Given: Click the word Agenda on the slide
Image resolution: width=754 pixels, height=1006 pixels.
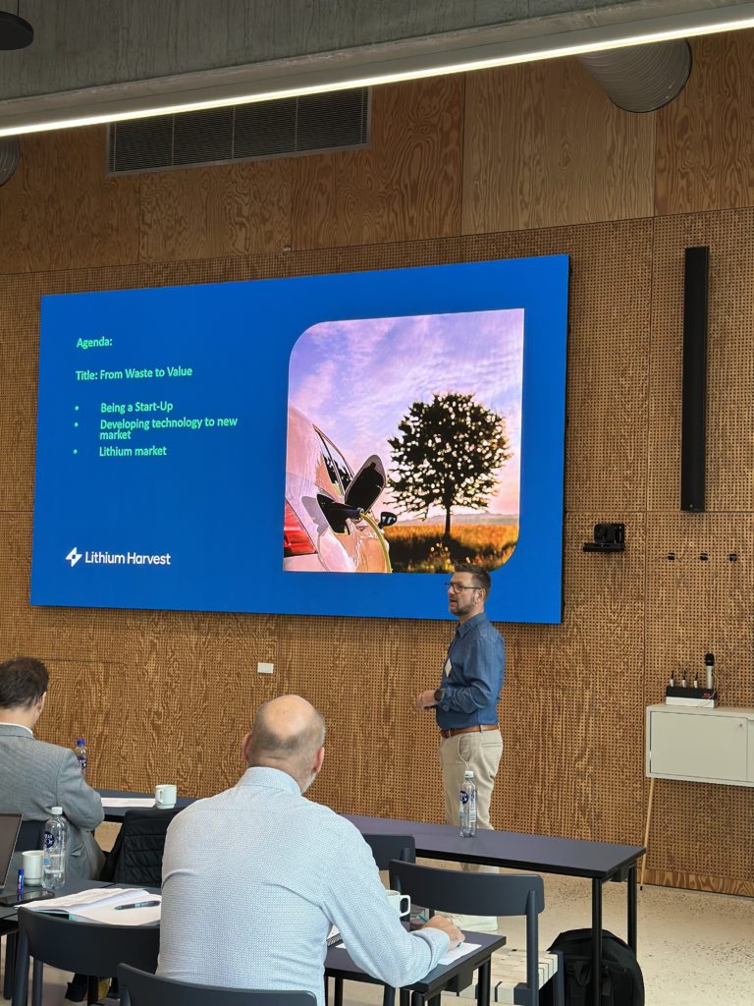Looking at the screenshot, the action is pos(93,342).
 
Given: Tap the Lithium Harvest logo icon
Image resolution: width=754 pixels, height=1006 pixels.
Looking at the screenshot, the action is pos(74,557).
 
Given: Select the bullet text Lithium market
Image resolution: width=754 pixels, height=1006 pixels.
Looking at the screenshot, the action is pos(133,451).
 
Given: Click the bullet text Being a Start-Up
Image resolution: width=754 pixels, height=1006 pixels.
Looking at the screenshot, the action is pos(136,407).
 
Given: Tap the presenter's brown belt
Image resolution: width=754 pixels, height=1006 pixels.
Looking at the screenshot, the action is pos(469,731).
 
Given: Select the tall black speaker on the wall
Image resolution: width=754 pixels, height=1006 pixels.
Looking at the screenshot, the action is pos(694,378).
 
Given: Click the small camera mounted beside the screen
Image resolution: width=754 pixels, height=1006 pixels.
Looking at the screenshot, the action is pos(606,536).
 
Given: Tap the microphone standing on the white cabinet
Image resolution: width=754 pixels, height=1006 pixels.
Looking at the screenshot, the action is pos(709,672).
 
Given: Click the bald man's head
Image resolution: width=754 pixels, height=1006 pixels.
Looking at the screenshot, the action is pos(287,735).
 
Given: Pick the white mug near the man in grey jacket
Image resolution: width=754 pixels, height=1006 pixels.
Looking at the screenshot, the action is pos(165,796).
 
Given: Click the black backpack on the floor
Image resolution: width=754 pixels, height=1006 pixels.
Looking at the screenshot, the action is pos(596,969).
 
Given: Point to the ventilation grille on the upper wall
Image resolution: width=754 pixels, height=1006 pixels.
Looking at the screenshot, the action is pos(239,131).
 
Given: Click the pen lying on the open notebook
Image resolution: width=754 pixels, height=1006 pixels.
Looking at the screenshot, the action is pos(137,905).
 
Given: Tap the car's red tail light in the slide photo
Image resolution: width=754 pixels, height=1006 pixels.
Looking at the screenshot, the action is pos(296,531).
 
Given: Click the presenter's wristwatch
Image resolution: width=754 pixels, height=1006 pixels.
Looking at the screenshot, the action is pos(438,695).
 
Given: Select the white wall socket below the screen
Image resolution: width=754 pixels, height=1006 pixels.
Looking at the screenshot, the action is pos(265,668).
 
